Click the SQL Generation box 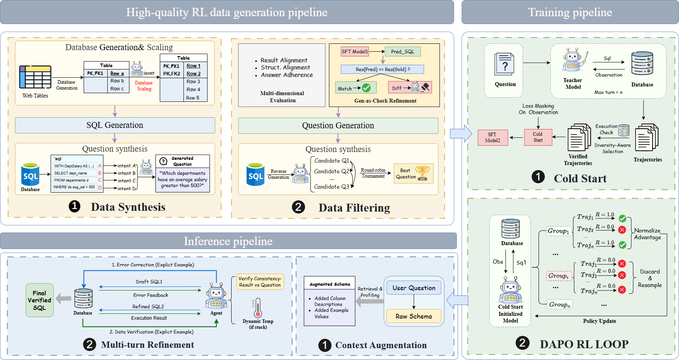coord(115,125)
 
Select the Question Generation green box coord(338,126)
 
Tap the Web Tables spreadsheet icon coord(35,77)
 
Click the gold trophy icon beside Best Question coord(423,173)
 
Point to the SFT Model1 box coord(355,51)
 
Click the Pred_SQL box coord(402,51)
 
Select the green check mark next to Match coord(366,88)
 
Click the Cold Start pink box coord(538,137)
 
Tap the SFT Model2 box coord(492,137)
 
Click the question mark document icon coord(504,64)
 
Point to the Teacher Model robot coord(573,60)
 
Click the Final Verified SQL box coord(39,300)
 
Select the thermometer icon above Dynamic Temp coord(258,308)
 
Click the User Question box coord(414,288)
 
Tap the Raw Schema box coord(414,316)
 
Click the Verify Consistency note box coord(260,282)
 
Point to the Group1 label coord(558,231)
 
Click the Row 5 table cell coord(193,97)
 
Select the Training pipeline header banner coord(570,12)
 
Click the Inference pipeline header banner coord(228,241)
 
